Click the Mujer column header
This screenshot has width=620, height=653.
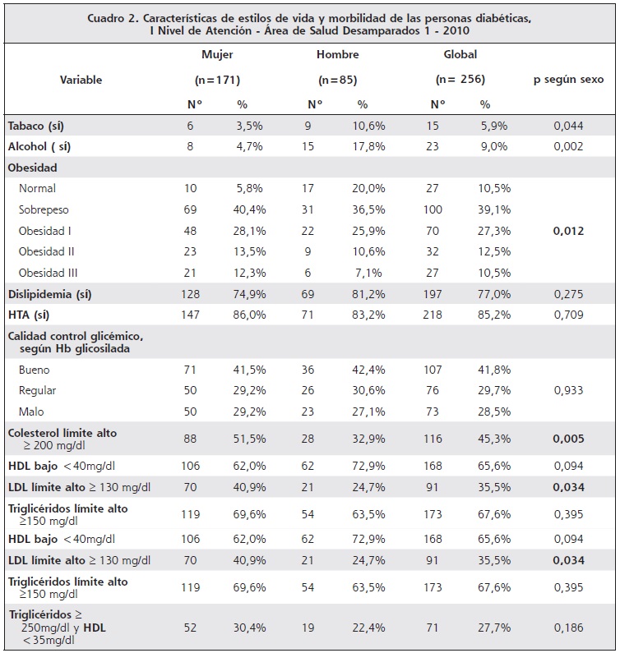pos(217,54)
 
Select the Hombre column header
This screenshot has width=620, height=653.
pos(337,54)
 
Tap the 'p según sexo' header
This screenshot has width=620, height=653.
pos(568,80)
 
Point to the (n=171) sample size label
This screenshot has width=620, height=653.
pos(217,80)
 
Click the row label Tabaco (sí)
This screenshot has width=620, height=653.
pos(36,126)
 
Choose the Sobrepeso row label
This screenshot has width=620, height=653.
pos(44,209)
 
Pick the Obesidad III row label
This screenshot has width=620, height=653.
pos(48,273)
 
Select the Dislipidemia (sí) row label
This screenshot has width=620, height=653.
pos(49,294)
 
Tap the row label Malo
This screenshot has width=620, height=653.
pos(31,412)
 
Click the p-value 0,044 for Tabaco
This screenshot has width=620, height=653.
pos(568,126)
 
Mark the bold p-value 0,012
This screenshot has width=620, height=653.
pos(568,231)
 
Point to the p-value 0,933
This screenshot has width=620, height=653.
pos(568,391)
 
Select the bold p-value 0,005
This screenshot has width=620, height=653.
pos(568,439)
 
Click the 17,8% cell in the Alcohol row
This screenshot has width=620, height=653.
pos(368,146)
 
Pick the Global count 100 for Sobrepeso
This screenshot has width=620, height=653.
pos(433,209)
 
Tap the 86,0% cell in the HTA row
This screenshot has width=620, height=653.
pos(249,315)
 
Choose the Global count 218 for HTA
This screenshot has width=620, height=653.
pos(433,315)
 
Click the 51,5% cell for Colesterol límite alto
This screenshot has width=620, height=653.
pos(249,439)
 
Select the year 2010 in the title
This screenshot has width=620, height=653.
pos(456,31)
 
